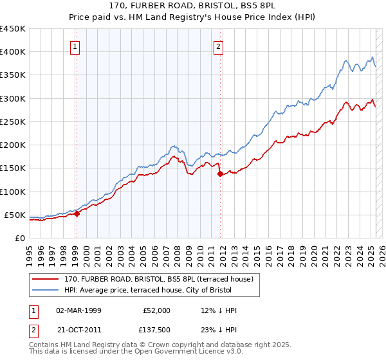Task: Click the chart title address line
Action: tap(193, 5)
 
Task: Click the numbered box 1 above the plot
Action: tap(75, 46)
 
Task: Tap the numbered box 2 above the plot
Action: tap(219, 46)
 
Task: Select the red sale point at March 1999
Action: tap(77, 214)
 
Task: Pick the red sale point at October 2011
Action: tap(220, 174)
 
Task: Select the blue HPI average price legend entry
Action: tap(161, 290)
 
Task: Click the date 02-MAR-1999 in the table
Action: tap(79, 310)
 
